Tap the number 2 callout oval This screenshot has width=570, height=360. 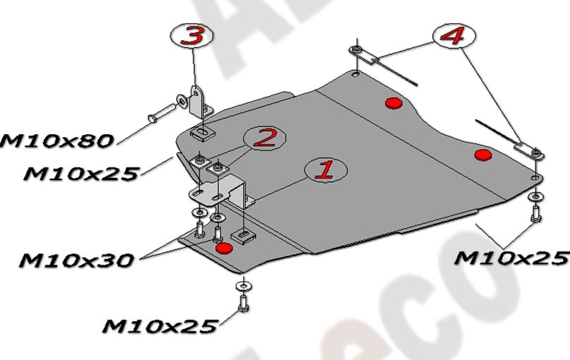[264, 138]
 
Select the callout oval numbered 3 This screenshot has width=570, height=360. [192, 37]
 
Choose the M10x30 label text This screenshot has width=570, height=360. [75, 260]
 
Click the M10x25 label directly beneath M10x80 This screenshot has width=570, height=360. [79, 172]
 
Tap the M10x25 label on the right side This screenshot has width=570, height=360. [511, 257]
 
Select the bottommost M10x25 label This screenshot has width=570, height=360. [159, 325]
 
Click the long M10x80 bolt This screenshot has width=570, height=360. [162, 112]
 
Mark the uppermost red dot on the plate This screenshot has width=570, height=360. [392, 104]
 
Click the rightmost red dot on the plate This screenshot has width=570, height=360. [483, 155]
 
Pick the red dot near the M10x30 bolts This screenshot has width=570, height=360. [224, 248]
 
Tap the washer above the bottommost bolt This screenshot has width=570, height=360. [242, 284]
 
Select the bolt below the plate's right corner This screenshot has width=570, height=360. [535, 211]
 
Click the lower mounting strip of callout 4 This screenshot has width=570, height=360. [526, 149]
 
